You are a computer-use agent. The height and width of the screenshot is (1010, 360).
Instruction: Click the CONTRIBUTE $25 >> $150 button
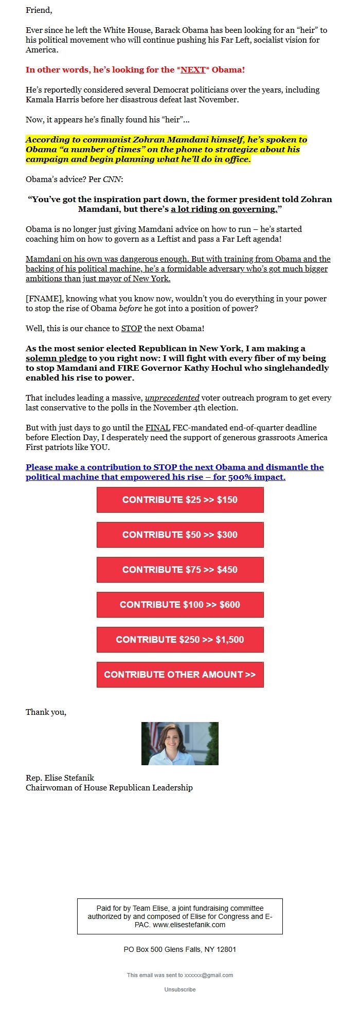(180, 500)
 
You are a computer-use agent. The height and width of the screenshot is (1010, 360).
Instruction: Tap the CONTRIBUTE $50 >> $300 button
(180, 535)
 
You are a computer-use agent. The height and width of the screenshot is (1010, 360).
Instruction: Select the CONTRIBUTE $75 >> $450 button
(180, 570)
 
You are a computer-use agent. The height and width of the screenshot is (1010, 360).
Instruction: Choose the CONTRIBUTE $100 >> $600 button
(180, 605)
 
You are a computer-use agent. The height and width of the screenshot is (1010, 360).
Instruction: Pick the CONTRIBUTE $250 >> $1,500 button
(180, 640)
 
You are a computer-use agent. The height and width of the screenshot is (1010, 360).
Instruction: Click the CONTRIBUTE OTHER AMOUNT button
(180, 675)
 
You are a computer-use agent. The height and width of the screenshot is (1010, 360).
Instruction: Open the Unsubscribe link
(180, 989)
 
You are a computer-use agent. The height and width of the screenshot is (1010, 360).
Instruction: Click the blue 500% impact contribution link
(175, 472)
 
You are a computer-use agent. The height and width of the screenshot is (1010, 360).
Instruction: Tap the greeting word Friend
(39, 10)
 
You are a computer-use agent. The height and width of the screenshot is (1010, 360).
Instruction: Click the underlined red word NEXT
(193, 70)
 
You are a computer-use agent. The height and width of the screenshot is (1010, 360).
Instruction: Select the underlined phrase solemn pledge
(56, 358)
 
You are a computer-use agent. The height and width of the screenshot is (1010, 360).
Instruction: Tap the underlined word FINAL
(158, 428)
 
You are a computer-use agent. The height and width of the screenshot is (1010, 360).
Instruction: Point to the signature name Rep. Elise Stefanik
(60, 778)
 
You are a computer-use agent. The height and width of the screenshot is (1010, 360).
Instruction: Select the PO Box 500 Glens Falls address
(180, 949)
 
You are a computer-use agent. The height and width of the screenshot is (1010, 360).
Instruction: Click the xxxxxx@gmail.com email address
(209, 975)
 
